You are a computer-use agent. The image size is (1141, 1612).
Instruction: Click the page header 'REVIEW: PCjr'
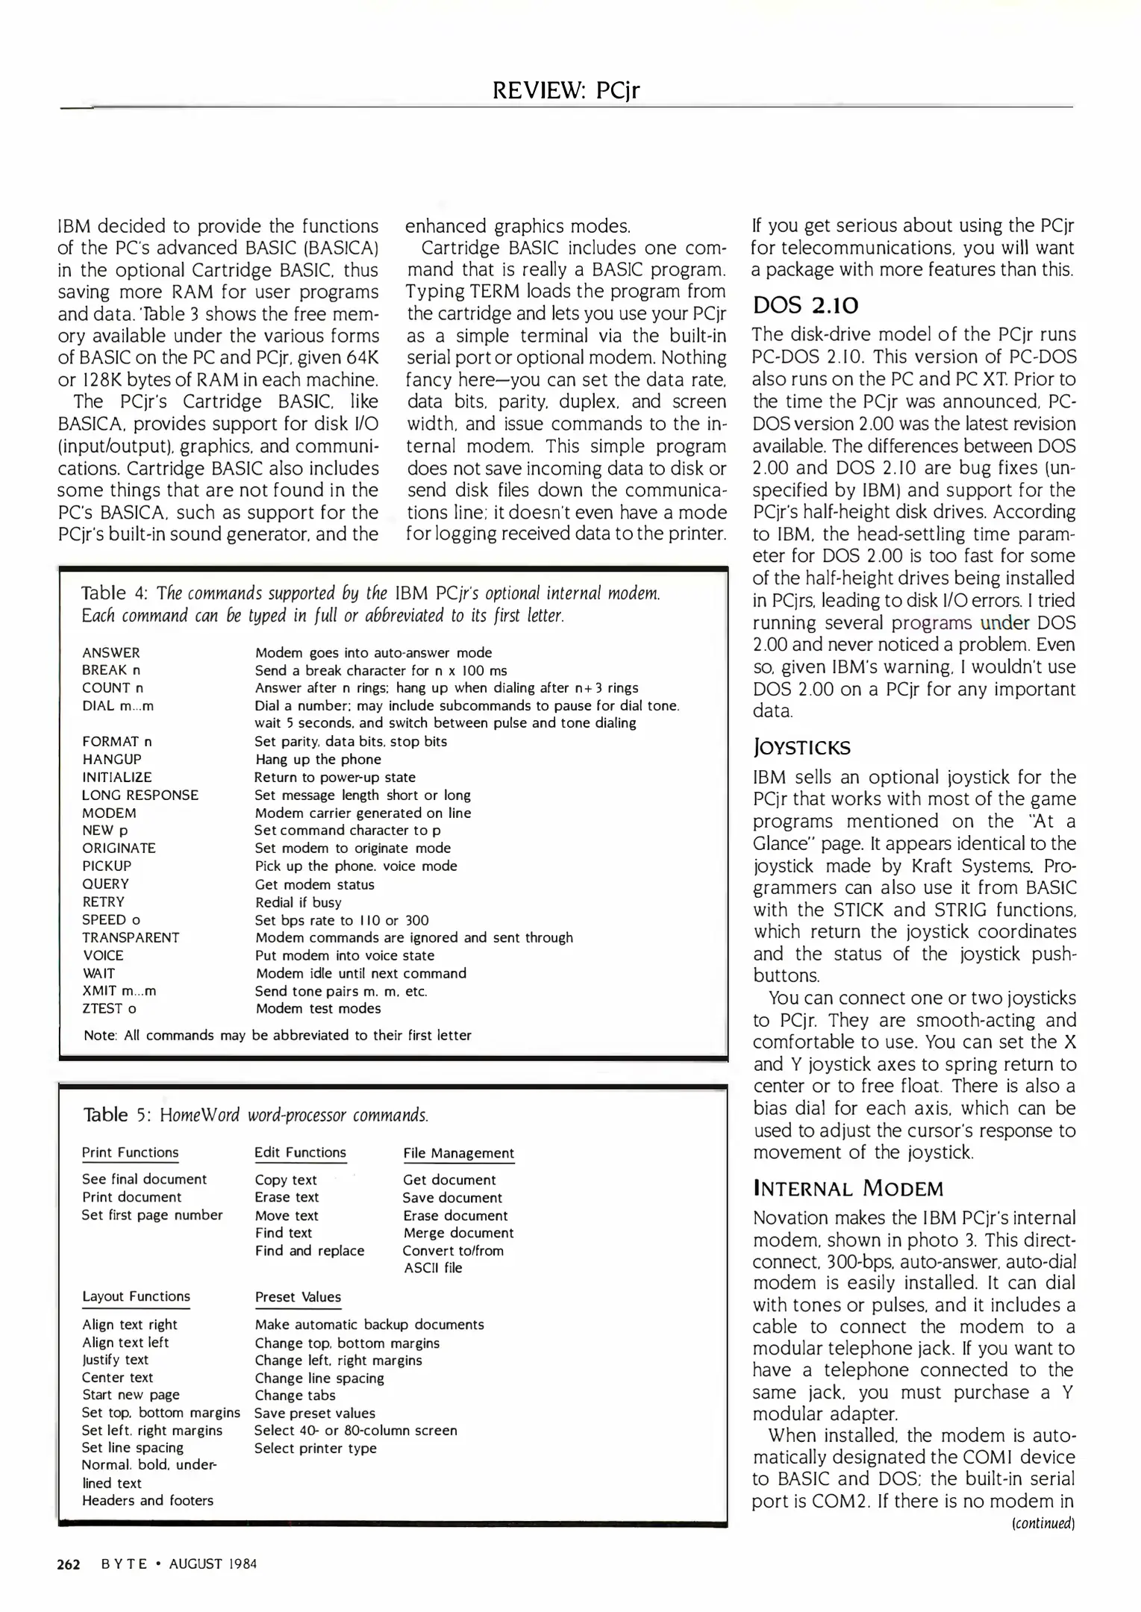(566, 90)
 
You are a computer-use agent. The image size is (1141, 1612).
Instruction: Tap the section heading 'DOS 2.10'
(805, 305)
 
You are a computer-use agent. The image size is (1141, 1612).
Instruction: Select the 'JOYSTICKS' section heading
(801, 747)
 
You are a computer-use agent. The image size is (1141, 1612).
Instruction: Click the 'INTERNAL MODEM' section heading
(848, 1188)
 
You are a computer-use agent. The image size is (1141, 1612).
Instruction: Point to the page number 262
(69, 1564)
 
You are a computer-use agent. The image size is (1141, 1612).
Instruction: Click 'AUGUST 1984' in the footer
(213, 1564)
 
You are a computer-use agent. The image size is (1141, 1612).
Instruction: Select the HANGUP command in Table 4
(111, 759)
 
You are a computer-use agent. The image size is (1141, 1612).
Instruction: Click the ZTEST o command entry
(109, 1008)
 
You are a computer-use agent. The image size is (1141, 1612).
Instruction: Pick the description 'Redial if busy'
(298, 902)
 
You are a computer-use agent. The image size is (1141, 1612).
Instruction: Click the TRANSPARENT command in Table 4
(131, 937)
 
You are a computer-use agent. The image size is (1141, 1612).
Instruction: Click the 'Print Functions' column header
(130, 1152)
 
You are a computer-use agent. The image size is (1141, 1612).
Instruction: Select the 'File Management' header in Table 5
(458, 1153)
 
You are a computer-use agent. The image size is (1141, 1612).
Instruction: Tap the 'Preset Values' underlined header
(298, 1297)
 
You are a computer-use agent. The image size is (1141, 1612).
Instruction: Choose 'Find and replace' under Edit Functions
(309, 1250)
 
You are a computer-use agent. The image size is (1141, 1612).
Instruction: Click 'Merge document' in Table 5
(458, 1233)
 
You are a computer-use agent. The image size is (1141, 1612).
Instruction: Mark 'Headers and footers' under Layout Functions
(148, 1500)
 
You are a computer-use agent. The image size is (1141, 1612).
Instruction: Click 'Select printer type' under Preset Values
(315, 1448)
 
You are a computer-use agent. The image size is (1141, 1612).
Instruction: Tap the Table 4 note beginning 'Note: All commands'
(278, 1035)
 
